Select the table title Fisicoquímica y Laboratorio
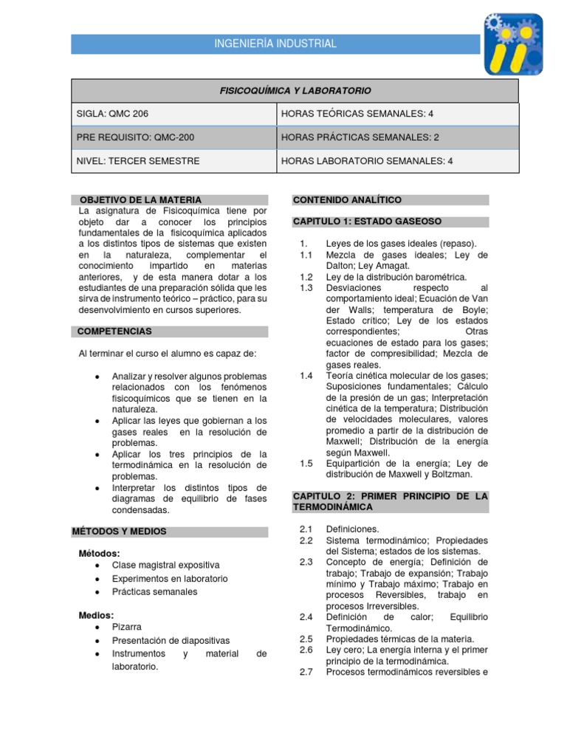tap(295, 91)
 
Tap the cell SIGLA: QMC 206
tap(117, 114)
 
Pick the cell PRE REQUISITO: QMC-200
tap(136, 137)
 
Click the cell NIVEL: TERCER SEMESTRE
tap(138, 161)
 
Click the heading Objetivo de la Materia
tap(140, 200)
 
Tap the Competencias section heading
tap(115, 331)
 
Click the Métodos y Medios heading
tap(120, 531)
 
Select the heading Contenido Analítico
tap(348, 200)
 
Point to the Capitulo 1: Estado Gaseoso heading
tap(368, 221)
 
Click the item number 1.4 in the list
tap(306, 376)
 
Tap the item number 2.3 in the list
tap(306, 562)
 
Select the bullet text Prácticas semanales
tap(154, 591)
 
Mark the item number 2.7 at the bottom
tap(306, 672)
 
